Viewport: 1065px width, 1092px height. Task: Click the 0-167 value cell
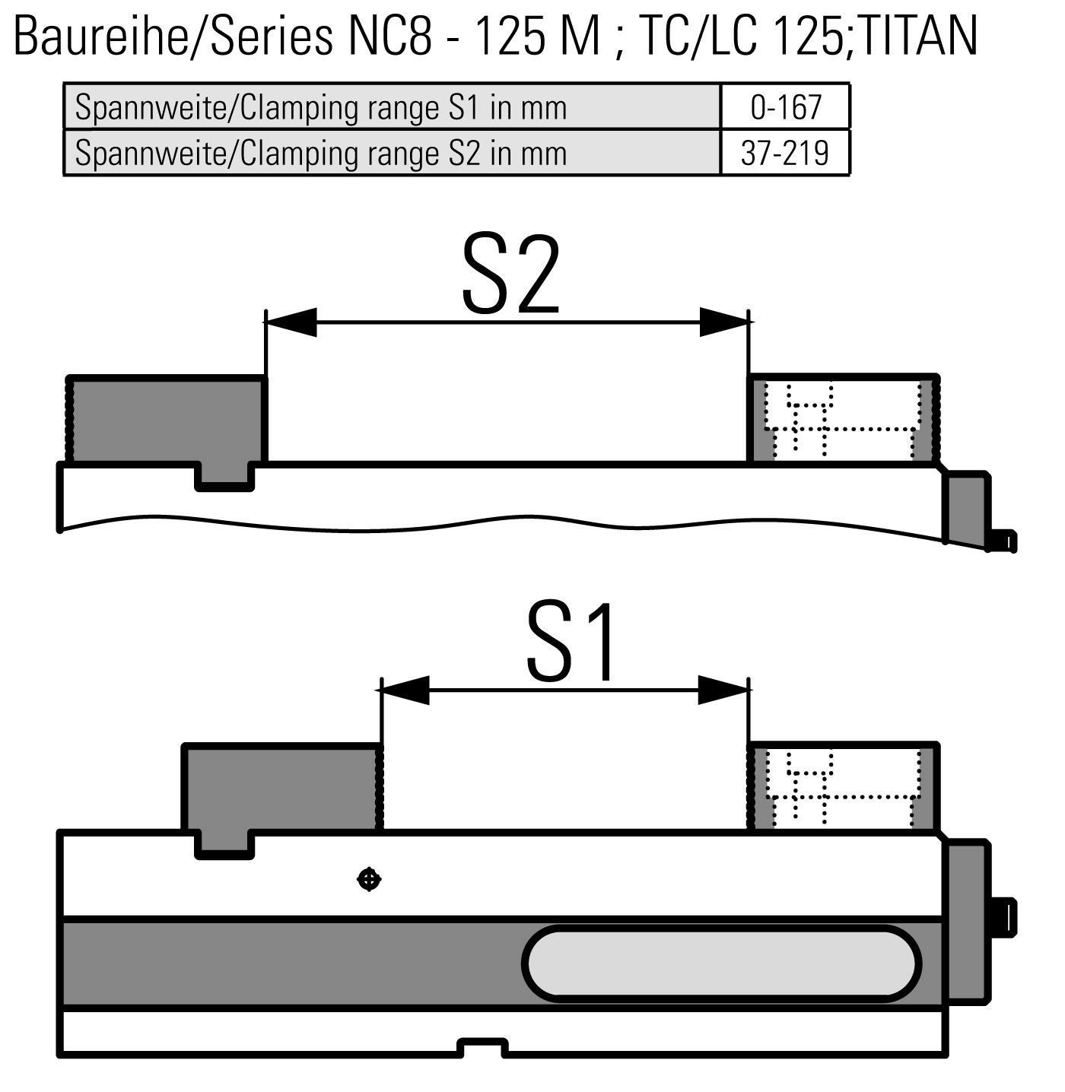coord(785,106)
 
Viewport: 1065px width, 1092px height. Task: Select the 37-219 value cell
coord(785,153)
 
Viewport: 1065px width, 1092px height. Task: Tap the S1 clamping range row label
coord(321,108)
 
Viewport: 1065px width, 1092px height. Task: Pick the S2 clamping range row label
coord(321,154)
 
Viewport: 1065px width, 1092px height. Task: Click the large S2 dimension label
coord(511,275)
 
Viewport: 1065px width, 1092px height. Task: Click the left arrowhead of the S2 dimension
coord(291,322)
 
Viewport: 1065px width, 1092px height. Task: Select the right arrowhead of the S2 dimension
coord(724,322)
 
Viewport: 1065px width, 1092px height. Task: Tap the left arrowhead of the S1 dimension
coord(405,690)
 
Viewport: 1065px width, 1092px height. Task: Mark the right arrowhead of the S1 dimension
coord(723,690)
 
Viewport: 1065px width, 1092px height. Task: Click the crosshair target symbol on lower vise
coord(369,879)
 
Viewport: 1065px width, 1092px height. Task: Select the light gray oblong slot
coord(721,964)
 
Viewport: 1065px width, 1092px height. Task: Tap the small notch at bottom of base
coord(483,1047)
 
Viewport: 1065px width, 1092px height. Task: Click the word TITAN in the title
coord(917,36)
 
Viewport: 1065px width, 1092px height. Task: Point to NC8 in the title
coord(390,36)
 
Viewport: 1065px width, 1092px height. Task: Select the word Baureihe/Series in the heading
coord(173,36)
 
